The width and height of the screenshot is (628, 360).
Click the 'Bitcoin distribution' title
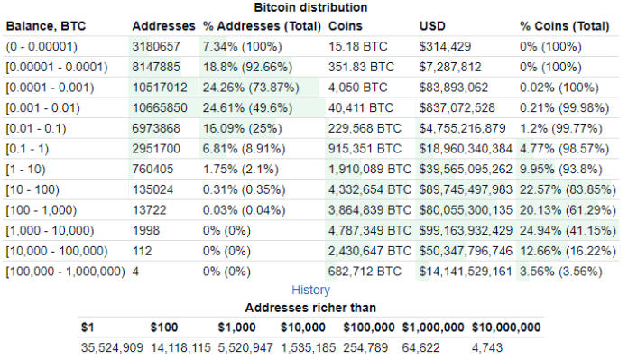coord(311,7)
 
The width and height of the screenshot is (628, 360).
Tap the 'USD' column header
coord(432,25)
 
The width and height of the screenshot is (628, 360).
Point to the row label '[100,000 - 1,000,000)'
coord(65,271)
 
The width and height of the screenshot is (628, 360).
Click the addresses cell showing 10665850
coord(160,107)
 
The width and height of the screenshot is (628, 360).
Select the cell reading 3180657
coord(156,46)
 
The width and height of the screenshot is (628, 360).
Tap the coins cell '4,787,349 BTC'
coord(370,230)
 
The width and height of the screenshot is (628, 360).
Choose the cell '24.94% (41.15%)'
coord(566,230)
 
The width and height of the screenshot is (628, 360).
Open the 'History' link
coord(310,290)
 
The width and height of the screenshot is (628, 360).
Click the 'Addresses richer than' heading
coord(310,308)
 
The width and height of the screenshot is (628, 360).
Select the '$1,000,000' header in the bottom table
coord(433,327)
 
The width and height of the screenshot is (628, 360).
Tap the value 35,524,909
coord(112,346)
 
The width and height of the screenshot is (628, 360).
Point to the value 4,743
coord(488,346)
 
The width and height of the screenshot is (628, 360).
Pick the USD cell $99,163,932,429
coord(466,230)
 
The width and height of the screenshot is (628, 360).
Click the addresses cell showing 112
coord(143,250)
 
